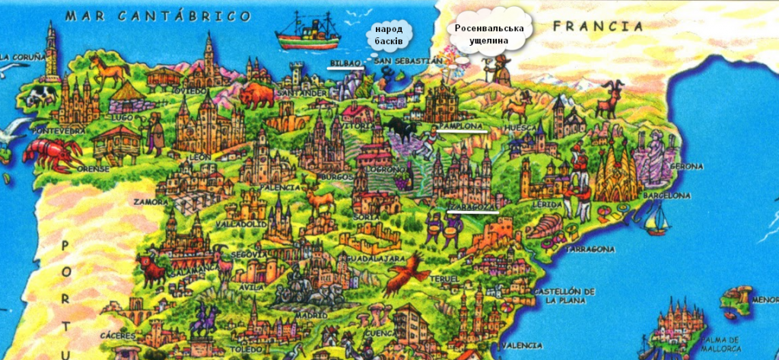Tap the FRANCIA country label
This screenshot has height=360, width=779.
(593, 26)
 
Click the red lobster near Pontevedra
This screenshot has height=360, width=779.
(50, 151)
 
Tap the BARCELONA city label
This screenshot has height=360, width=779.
(666, 196)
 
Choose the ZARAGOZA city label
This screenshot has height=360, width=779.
(473, 207)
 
